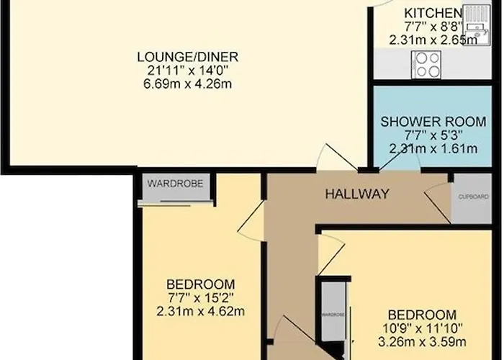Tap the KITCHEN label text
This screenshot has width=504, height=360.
tap(432, 13)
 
